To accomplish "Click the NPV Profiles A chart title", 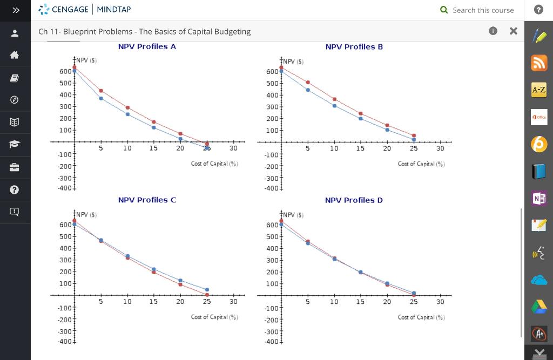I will pos(147,47).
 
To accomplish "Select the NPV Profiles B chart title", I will pos(354,47).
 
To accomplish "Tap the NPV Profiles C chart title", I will pos(147,200).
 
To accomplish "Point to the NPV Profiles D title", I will pos(354,200).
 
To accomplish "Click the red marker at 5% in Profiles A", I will pos(101,91).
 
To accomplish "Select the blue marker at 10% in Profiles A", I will pos(127,114).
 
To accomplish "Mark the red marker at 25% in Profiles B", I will pos(414,135).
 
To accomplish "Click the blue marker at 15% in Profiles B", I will pos(360,118).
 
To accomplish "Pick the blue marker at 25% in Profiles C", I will pos(207,290).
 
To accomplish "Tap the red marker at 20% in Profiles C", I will pos(180,284).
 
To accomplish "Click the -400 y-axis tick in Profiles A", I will pos(65,188).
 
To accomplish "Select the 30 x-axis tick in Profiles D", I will pos(440,302).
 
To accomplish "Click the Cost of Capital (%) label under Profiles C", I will pos(214,317).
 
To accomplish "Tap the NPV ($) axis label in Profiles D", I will pos(293,215).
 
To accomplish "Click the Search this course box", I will pos(483,10).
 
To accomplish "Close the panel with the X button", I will pos(513,31).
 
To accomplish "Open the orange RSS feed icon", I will pos(538,63).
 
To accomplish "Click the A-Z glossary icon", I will pos(538,90).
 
